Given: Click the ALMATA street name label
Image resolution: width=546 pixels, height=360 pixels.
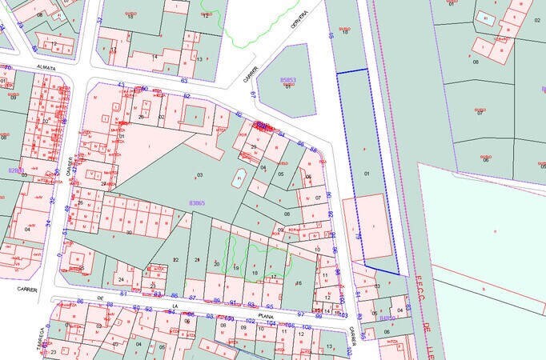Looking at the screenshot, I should [46, 68].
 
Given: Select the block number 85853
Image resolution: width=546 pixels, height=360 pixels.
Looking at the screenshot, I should [288, 80].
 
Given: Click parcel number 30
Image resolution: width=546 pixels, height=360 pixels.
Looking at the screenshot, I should [129, 232].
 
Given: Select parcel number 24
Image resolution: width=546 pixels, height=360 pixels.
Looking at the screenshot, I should [120, 279].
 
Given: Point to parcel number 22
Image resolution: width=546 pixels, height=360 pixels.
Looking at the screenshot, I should [175, 260].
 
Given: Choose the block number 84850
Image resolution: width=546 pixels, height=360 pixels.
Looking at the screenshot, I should [387, 318].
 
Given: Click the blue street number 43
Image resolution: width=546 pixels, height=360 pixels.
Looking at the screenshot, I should [121, 84].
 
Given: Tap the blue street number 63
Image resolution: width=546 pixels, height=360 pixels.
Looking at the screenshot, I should [184, 81].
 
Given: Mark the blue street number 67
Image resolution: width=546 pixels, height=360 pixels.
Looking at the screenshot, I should [253, 95].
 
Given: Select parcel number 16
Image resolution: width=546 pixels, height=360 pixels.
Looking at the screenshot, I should [299, 282].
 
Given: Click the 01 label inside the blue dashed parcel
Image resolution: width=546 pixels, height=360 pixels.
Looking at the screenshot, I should [366, 173].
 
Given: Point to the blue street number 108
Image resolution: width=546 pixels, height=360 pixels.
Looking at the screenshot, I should [306, 326].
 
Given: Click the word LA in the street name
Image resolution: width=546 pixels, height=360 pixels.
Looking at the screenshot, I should [174, 306].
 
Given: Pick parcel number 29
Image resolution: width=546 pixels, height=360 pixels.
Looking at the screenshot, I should [253, 147].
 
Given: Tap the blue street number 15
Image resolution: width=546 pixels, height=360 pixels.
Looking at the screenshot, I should [331, 36].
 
